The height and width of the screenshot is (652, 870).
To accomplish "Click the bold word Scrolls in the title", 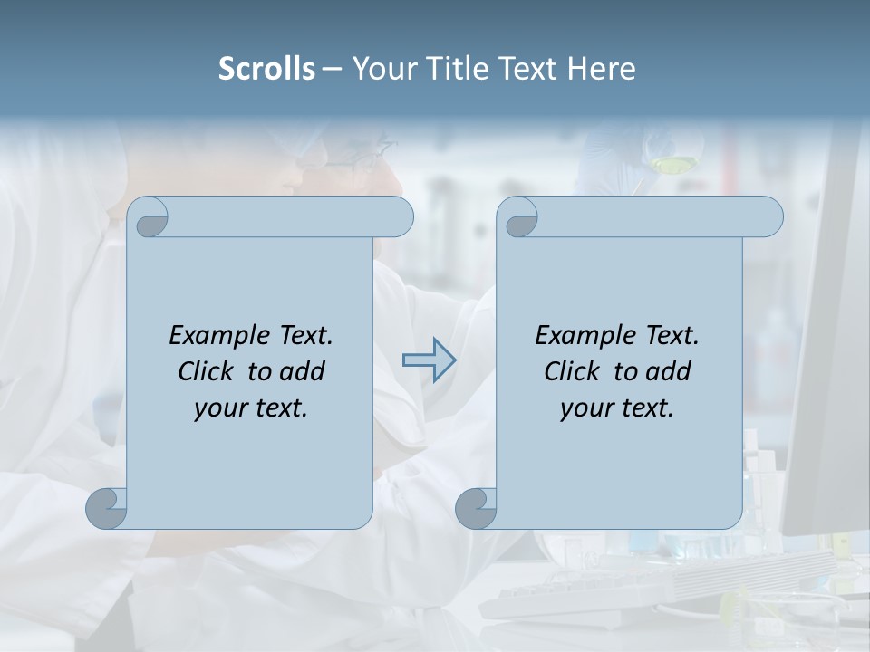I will pyautogui.click(x=266, y=69).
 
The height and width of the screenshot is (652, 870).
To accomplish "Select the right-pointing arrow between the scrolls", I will pyautogui.click(x=430, y=360).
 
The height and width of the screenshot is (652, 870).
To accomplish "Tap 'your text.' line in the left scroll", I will pyautogui.click(x=251, y=408).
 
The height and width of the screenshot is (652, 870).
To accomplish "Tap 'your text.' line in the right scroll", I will pyautogui.click(x=617, y=408).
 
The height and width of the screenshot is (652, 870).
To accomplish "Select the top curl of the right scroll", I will pyautogui.click(x=519, y=217).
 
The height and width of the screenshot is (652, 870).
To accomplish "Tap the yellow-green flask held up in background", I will pyautogui.click(x=672, y=164).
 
